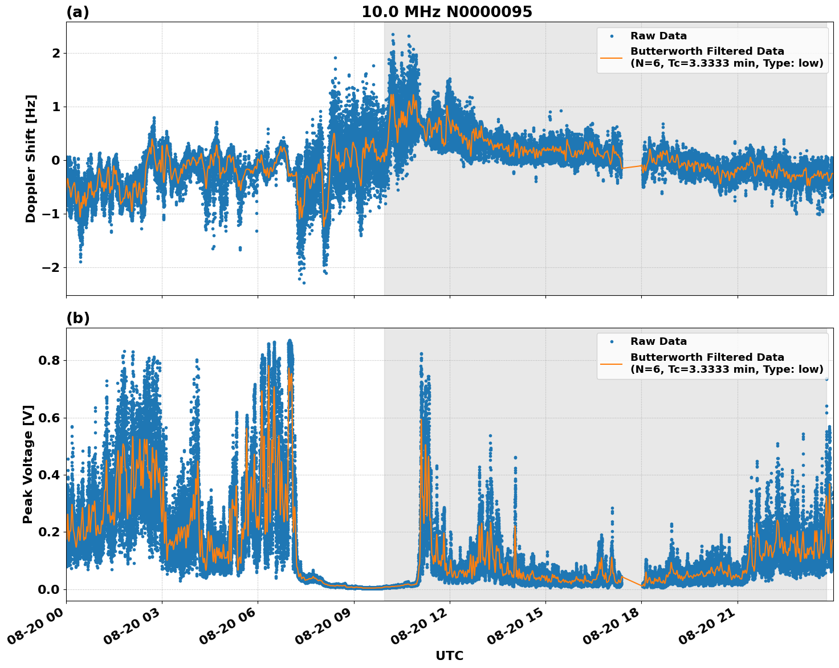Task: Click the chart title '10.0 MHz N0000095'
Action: coord(446,12)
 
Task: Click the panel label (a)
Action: coord(78,12)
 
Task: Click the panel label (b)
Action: coord(78,318)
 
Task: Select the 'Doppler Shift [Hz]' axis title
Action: coord(31,158)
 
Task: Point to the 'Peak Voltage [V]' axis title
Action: coord(28,464)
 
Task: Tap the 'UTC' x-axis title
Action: coord(449,655)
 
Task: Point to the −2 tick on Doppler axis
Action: coord(51,267)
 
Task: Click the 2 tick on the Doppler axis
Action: coord(56,53)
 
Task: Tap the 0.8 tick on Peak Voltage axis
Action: coord(49,360)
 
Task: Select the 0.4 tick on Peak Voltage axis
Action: coord(49,475)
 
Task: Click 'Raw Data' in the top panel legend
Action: coord(658,36)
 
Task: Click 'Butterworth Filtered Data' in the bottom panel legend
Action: coord(707,357)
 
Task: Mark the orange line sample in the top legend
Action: coord(611,57)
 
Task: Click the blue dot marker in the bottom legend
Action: coord(611,342)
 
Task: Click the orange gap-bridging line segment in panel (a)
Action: coord(632,167)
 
